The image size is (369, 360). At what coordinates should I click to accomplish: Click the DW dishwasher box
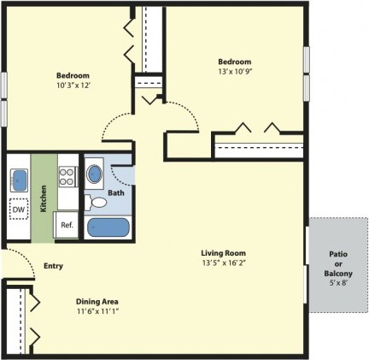[x=19, y=210]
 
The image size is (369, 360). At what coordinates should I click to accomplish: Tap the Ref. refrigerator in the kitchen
[x=67, y=225]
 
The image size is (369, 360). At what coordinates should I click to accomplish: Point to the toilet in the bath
[x=96, y=203]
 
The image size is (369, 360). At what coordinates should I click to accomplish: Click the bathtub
[x=108, y=227]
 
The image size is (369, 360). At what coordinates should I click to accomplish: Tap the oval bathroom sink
[x=94, y=174]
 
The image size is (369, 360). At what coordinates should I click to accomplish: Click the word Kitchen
[x=44, y=198]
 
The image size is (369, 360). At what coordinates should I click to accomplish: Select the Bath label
[x=116, y=193]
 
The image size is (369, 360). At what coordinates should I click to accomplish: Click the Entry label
[x=53, y=266]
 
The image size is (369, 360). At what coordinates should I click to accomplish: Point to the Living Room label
[x=224, y=253]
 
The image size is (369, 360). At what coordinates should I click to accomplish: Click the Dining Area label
[x=97, y=301]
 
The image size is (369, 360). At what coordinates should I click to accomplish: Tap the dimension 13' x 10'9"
[x=236, y=71]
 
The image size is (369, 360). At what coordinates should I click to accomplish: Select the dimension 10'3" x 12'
[x=73, y=86]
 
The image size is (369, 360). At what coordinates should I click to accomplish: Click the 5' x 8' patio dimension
[x=338, y=283]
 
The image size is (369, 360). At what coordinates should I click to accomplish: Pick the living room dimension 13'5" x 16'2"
[x=224, y=263]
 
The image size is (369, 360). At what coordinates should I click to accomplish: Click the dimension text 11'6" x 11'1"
[x=97, y=311]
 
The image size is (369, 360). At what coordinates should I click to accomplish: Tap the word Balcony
[x=338, y=274]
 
